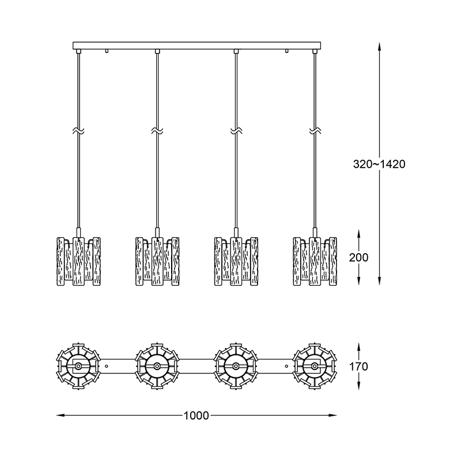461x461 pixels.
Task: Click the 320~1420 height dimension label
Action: [x=379, y=164]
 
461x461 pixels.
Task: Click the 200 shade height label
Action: [x=358, y=258]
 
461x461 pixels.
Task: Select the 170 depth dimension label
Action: [x=358, y=366]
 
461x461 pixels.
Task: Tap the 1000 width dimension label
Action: [x=196, y=415]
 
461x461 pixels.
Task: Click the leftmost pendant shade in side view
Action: [x=78, y=261]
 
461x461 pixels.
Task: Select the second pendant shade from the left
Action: [x=157, y=261]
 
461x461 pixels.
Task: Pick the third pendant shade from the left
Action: [x=236, y=261]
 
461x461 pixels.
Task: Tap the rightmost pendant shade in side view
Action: [x=315, y=261]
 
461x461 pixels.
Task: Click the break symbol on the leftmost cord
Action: [x=78, y=131]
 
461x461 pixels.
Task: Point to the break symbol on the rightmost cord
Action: [x=315, y=131]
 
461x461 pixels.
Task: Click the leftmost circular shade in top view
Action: [x=78, y=366]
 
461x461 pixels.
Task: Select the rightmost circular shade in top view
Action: [x=315, y=366]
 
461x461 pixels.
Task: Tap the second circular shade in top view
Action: [x=157, y=366]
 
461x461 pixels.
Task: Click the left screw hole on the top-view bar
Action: [x=107, y=366]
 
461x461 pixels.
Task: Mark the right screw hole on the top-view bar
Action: [x=286, y=366]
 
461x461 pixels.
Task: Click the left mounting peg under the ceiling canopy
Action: [x=107, y=51]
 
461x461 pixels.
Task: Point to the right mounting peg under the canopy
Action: [x=286, y=51]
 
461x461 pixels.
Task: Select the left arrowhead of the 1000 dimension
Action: [x=61, y=415]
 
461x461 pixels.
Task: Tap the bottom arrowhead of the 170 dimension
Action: [x=358, y=385]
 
